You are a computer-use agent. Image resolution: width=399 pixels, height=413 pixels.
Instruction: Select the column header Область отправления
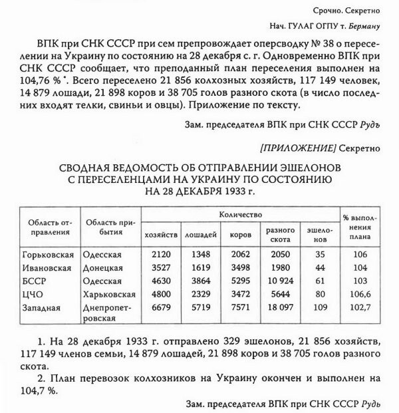tap(49, 227)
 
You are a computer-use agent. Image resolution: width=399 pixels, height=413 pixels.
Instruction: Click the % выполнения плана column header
tap(359, 227)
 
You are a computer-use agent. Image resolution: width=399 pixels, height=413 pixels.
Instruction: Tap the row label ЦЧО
tap(31, 294)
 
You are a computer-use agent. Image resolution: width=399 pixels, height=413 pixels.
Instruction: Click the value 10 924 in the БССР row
tap(279, 281)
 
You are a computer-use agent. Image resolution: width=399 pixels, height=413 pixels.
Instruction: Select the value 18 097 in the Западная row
tap(279, 307)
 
